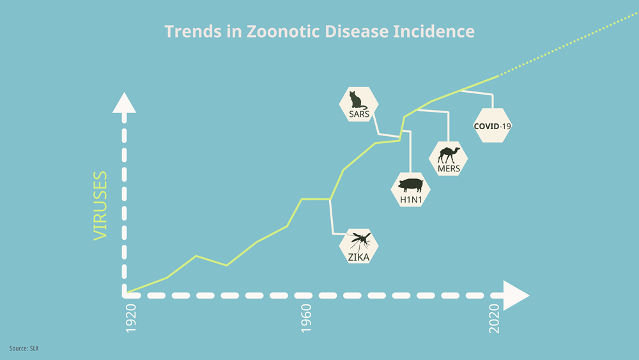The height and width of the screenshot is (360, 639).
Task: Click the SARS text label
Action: tap(359, 114)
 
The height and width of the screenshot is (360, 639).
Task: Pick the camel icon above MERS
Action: tap(449, 155)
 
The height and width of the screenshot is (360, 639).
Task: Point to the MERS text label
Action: tap(449, 168)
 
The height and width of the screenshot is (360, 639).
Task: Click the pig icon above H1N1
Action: tap(410, 185)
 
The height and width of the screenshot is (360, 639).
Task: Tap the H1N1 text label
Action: tap(411, 200)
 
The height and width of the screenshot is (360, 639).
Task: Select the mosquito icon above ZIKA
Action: tap(360, 241)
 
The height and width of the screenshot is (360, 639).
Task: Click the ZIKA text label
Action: tap(358, 257)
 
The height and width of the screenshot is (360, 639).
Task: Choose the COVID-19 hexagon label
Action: tap(492, 125)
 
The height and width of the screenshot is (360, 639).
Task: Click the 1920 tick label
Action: tap(131, 318)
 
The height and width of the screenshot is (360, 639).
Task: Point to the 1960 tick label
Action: tap(306, 318)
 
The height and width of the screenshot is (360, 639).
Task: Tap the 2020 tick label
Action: tap(494, 318)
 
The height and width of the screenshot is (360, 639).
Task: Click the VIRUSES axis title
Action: tap(100, 205)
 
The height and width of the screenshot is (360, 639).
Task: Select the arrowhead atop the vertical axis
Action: tap(125, 102)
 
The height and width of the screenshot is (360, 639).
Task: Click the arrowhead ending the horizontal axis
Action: tap(516, 295)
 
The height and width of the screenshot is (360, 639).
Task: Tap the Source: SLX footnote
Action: tap(24, 348)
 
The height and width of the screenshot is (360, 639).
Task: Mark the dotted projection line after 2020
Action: tap(569, 44)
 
